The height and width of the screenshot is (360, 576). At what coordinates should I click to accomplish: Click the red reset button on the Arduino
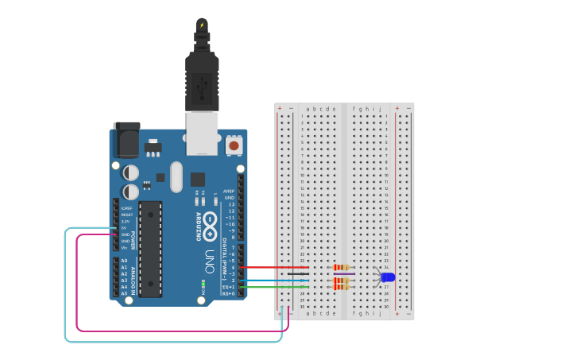234,145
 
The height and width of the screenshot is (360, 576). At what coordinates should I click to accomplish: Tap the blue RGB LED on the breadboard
388,277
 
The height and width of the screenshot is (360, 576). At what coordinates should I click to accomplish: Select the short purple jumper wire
344,274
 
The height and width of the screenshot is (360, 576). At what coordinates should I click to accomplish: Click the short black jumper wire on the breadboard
298,274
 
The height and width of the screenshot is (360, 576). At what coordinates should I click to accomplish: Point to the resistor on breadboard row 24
342,267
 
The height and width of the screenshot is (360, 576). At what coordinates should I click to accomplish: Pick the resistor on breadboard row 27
341,287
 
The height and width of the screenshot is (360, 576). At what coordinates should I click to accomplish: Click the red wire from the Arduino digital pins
274,268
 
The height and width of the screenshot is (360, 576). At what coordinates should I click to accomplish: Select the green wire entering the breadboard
274,287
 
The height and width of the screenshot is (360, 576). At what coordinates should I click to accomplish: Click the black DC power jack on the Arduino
126,141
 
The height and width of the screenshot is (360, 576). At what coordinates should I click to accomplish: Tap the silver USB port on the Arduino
202,133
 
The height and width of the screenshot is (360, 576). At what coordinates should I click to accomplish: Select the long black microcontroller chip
150,249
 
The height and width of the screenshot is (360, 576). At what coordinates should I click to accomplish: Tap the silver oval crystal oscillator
176,176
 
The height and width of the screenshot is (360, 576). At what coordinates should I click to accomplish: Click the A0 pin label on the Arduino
124,261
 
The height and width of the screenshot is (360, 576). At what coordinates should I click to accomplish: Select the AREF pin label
229,192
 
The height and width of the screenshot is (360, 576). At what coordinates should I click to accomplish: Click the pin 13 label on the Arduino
231,204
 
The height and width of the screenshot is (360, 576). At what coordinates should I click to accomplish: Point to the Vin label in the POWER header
125,248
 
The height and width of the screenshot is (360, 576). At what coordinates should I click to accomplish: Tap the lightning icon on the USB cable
202,25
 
